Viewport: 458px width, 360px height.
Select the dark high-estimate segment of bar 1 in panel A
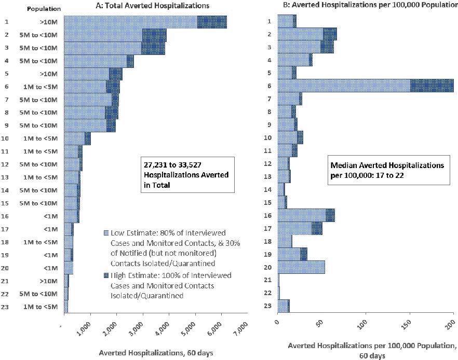[x=212, y=22]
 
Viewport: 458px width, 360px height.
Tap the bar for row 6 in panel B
[x=366, y=86]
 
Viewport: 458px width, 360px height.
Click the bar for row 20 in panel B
[x=301, y=267]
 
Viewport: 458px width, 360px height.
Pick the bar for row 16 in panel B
[x=306, y=215]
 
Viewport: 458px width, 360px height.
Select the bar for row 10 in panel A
[x=77, y=139]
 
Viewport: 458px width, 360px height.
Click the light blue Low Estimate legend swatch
[x=106, y=232]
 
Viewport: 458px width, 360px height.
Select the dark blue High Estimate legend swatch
[x=106, y=275]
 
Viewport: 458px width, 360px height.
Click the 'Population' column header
[x=44, y=9]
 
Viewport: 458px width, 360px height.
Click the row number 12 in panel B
[x=269, y=163]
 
